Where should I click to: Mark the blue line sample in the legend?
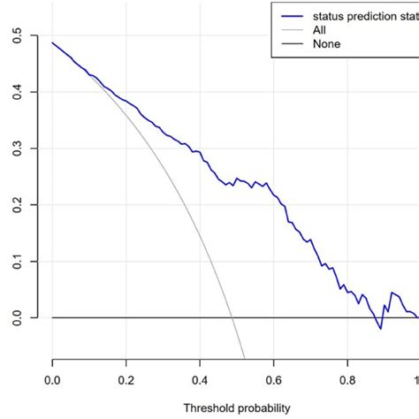pos(292,16)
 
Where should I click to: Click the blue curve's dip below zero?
pos(380,329)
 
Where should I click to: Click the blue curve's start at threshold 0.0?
pos(52,42)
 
